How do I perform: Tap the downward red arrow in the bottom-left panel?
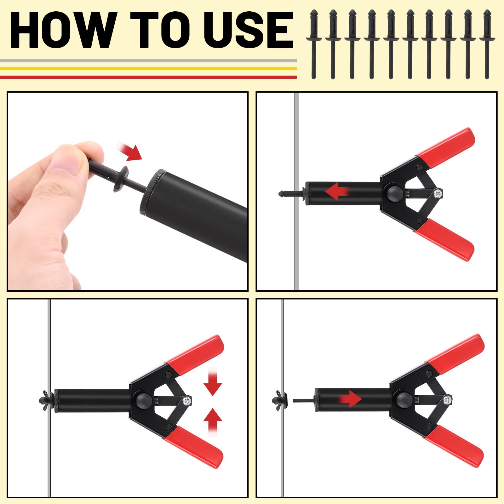[213, 383]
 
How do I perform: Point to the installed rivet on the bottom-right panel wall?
[279, 399]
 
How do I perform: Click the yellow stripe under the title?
[148, 68]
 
